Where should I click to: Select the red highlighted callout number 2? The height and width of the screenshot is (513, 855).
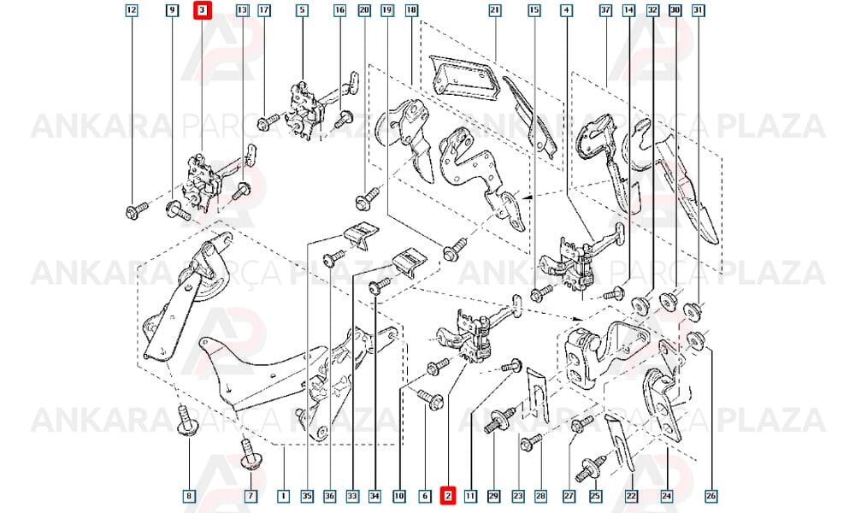tap(448, 496)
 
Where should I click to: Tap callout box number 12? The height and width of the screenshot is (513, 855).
tap(132, 9)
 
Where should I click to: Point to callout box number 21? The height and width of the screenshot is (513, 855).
tap(494, 9)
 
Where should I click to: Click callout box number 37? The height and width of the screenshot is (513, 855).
tap(606, 9)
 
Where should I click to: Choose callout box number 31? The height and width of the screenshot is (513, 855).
tap(698, 9)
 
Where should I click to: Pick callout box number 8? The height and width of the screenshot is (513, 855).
tap(189, 496)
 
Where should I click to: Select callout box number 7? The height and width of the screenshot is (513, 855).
tap(251, 496)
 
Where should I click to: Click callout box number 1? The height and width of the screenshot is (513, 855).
tap(284, 496)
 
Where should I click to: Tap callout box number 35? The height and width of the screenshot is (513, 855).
tap(308, 496)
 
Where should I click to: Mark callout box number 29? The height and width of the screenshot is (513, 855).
tap(493, 496)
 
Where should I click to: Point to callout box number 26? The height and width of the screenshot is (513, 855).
tap(711, 496)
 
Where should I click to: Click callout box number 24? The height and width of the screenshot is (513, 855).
tap(666, 496)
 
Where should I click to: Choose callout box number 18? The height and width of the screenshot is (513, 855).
tap(412, 9)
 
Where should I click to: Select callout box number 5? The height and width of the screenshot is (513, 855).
tap(302, 9)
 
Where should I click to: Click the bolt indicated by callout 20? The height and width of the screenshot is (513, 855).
tap(368, 198)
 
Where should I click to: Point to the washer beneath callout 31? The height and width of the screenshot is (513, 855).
tap(693, 311)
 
